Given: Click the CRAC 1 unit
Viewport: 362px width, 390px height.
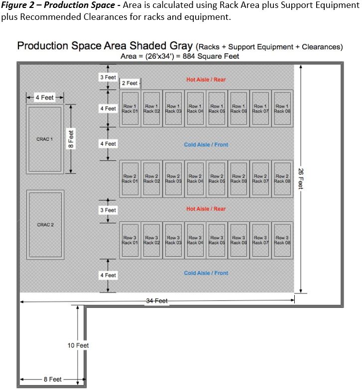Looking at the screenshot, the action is [45, 139].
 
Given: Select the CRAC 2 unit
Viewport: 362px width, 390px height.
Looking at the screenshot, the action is [45, 225].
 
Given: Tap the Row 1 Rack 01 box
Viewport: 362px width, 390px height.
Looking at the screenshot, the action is [130, 108].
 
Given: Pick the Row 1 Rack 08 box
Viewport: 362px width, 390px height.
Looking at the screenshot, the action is [282, 108].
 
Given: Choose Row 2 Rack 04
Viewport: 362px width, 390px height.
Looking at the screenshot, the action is [195, 179].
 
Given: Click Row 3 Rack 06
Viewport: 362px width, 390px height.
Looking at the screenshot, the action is [239, 240].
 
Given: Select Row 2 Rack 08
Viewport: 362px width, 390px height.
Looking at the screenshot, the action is [282, 179].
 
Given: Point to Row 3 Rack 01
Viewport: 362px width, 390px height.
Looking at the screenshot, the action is [130, 240].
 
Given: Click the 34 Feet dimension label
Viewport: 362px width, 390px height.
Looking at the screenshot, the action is [157, 301].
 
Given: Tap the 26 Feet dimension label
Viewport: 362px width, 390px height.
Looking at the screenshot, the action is [301, 179].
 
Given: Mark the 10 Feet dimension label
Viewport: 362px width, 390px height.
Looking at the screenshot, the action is [78, 345].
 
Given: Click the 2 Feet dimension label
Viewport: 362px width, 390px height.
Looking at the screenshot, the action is [129, 83].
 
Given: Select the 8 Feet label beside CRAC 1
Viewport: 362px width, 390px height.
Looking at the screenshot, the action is [71, 139].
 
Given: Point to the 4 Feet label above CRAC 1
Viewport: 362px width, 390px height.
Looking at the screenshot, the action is [45, 97].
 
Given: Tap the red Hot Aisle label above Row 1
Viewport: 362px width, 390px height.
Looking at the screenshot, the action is [206, 80].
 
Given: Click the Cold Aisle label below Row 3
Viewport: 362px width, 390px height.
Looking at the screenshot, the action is [206, 273].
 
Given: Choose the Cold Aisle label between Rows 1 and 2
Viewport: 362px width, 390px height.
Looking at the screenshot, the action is [206, 145].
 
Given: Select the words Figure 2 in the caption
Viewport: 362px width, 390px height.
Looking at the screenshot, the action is [18, 5].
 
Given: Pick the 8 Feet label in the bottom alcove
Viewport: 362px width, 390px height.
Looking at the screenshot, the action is [53, 379].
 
